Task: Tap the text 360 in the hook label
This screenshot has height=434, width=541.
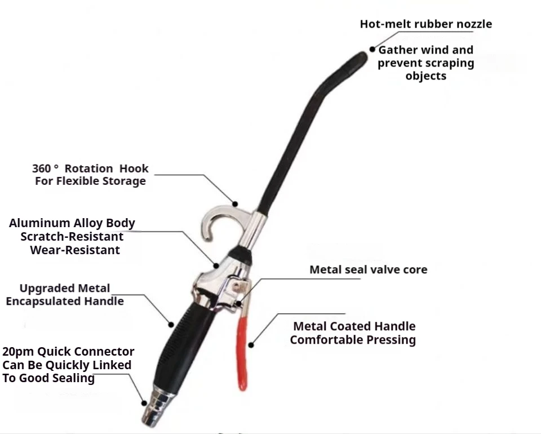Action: point(42,168)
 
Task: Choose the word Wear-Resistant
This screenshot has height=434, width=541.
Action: point(75,250)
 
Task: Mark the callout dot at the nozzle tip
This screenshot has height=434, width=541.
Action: point(373,50)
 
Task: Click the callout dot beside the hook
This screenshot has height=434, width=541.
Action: point(236,203)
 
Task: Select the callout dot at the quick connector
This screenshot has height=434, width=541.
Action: point(144,402)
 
